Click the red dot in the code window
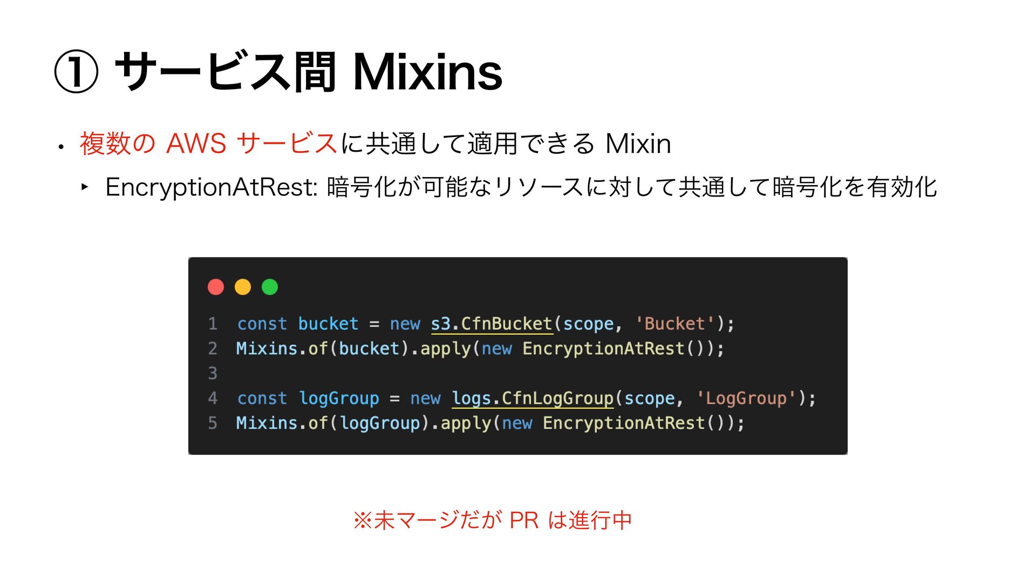click(x=216, y=287)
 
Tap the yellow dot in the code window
click(x=243, y=287)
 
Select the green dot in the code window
click(x=270, y=287)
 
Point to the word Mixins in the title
click(x=427, y=72)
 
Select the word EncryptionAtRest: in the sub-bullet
click(x=211, y=187)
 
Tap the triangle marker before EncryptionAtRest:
click(x=85, y=187)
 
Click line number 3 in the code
click(x=213, y=373)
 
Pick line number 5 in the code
click(x=213, y=423)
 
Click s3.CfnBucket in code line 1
click(x=491, y=324)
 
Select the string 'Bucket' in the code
click(x=674, y=324)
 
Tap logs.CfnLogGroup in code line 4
click(x=533, y=398)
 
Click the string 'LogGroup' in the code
click(x=746, y=398)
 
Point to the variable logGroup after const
click(x=339, y=398)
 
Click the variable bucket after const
click(x=328, y=324)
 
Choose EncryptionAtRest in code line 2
click(x=603, y=349)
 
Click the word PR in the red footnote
click(x=524, y=520)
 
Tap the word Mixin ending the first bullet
click(x=638, y=144)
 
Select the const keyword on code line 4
click(x=262, y=398)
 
